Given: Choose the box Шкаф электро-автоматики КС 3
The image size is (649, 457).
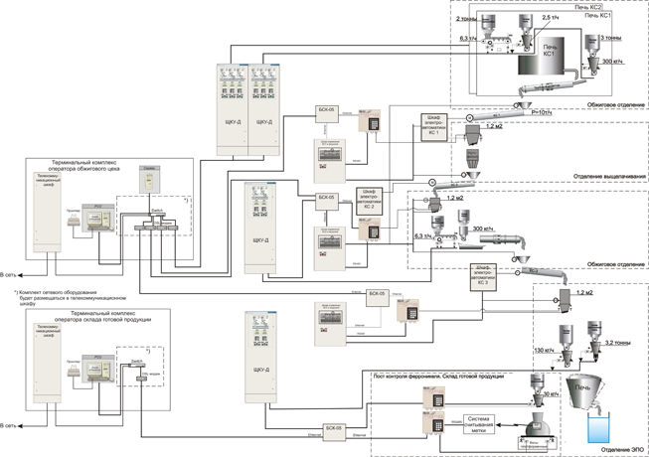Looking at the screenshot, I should [485, 274].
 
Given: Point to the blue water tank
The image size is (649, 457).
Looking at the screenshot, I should [601, 428].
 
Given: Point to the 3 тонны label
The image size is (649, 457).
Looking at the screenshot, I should [614, 37].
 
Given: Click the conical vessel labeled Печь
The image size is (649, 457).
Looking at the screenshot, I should [587, 392].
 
